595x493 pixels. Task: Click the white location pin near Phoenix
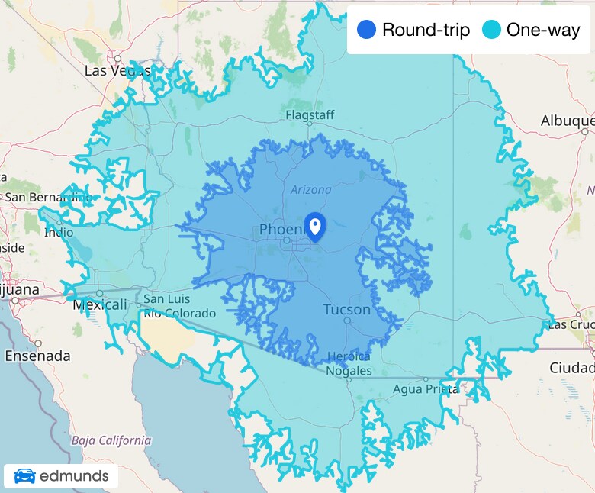314,226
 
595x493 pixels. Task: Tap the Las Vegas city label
117,71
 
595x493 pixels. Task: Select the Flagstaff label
310,115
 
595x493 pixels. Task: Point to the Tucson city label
347,310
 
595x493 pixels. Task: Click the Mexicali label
99,305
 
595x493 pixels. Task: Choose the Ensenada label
37,356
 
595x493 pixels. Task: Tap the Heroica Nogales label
349,364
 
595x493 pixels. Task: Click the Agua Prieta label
426,389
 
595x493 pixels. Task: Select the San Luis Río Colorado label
179,306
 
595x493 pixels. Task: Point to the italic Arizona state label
310,190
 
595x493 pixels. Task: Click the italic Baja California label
111,440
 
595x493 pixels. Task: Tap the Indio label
59,233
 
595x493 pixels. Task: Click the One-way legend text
543,31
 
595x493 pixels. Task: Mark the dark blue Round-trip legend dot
367,31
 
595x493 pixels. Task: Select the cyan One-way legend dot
492,31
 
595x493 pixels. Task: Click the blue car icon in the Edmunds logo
24,477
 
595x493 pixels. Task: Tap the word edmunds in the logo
74,477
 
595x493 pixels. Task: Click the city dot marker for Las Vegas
117,58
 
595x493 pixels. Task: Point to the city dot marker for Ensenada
37,343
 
